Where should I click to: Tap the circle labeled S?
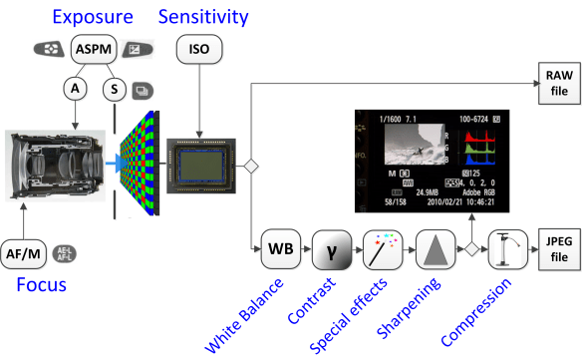tap(115, 89)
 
